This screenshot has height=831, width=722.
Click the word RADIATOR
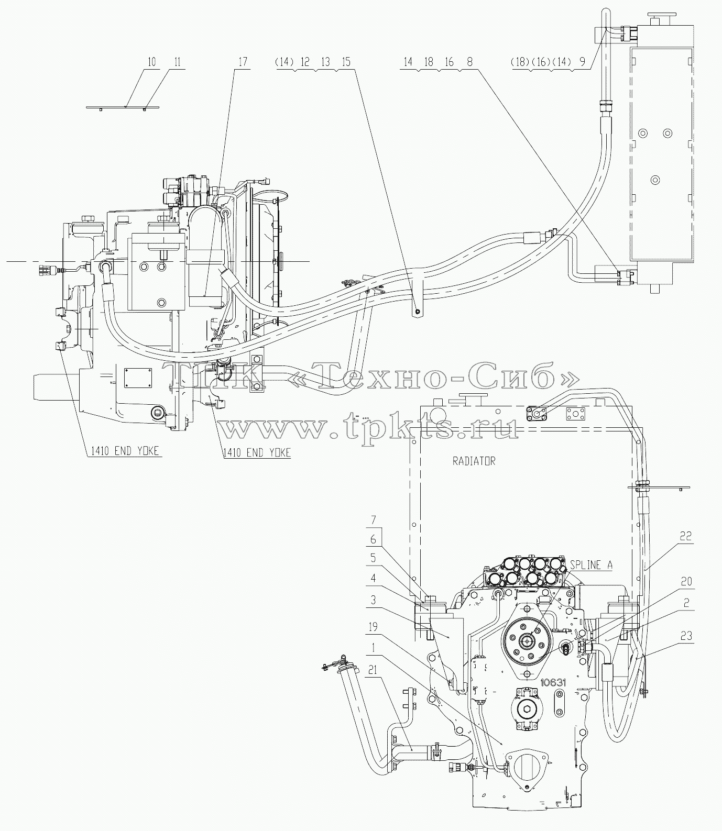pos(474,461)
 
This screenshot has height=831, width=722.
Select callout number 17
pos(243,62)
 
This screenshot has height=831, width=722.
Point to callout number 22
pos(686,537)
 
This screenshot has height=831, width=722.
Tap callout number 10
pos(152,62)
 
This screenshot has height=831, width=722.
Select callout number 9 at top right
pos(582,62)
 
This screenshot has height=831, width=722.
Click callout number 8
pos(469,62)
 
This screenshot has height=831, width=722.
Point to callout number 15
pos(345,62)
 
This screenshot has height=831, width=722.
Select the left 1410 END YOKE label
pos(122,451)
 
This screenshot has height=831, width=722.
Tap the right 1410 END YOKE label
pos(256,452)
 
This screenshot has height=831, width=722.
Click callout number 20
pos(686,582)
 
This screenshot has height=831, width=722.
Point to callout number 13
pos(325,62)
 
